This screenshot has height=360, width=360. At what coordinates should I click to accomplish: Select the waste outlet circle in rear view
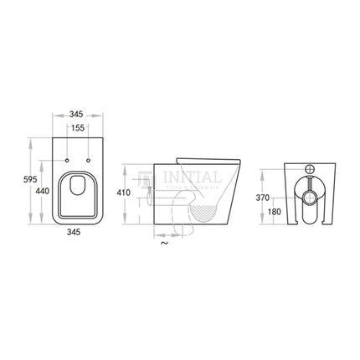coord(310,198)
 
